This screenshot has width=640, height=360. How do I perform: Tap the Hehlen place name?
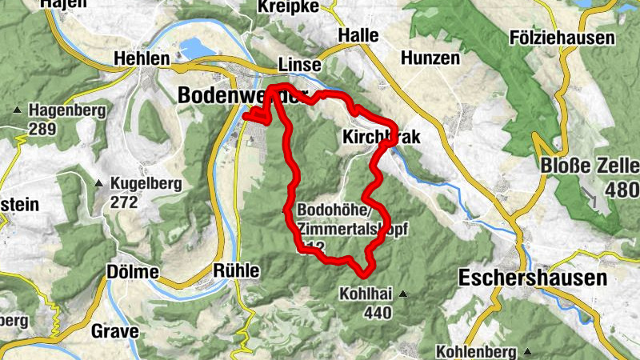point(142,59)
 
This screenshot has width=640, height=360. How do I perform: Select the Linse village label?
point(299,64)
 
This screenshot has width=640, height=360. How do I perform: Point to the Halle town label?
point(358,36)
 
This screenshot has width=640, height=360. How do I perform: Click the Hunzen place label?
point(430,58)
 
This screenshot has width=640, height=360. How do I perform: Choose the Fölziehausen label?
point(562,38)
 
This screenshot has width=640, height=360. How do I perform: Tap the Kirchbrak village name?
point(381,137)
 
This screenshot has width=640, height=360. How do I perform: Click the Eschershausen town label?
point(533,278)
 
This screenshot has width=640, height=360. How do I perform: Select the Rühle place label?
point(237,271)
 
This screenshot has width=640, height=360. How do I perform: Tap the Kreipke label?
point(289,6)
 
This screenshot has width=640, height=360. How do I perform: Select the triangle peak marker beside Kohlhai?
point(404,294)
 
